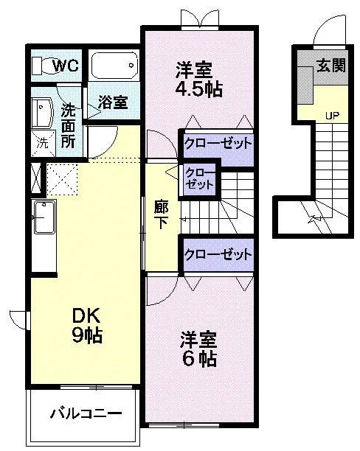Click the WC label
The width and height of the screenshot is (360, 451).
point(66,66)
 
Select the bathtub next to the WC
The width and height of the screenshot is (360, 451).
point(114,66)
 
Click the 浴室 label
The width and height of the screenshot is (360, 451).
point(113,102)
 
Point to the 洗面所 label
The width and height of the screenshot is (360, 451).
point(69,126)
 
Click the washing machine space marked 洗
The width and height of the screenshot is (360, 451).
point(43,143)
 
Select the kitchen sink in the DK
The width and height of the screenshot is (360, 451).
point(45,217)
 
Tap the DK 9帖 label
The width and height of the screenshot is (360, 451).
point(87,325)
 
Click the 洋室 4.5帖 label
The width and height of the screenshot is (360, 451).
point(198,80)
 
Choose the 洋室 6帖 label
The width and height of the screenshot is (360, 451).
point(198,349)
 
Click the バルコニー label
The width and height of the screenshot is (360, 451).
point(86,413)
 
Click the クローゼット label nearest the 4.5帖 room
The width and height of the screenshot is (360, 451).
point(218,143)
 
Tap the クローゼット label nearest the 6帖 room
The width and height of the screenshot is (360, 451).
point(218,254)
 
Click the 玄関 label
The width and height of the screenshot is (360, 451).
point(331,66)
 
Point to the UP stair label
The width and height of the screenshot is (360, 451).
point(333,116)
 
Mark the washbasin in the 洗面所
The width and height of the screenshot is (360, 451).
point(42,113)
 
